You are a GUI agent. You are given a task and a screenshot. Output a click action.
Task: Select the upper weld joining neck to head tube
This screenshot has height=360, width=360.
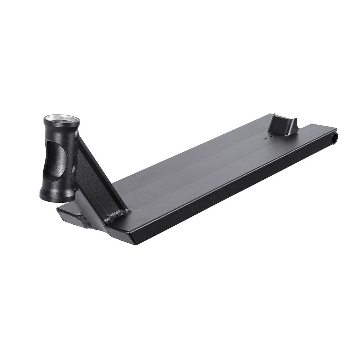point(77,134)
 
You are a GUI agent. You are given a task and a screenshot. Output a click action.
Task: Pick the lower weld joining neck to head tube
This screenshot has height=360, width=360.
point(75,169)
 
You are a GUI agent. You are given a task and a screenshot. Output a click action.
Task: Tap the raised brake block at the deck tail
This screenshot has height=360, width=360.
point(284,125)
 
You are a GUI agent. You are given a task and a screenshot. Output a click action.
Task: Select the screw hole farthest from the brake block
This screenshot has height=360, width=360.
point(265,138)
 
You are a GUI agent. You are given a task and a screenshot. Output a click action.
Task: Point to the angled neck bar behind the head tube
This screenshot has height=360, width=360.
point(95,173)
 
